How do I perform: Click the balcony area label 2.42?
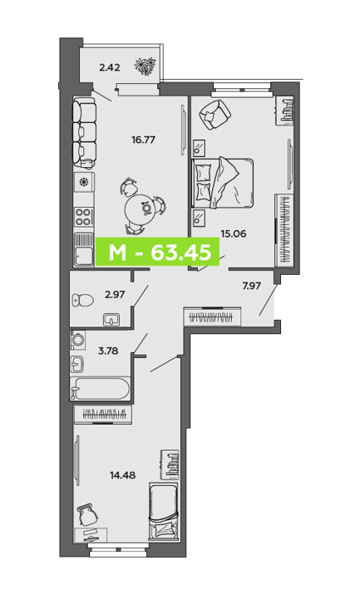(x=109, y=68)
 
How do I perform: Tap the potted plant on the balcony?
(x=145, y=66)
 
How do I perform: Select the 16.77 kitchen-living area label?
(x=143, y=140)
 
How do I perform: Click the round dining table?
(x=141, y=209)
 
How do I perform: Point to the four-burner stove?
(x=83, y=217)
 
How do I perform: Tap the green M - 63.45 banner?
(x=157, y=252)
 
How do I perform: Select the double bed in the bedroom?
(x=223, y=184)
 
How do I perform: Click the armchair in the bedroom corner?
(x=214, y=114)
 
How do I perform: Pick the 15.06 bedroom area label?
(x=234, y=233)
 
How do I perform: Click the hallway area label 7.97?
(x=251, y=286)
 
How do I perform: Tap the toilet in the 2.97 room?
(x=82, y=300)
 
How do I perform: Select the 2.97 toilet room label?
(x=115, y=295)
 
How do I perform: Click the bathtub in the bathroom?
(x=100, y=389)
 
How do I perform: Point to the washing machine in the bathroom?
(x=78, y=340)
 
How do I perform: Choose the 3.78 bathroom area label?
(x=108, y=351)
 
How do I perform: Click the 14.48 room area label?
(x=123, y=475)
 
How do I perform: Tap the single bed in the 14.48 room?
(x=163, y=512)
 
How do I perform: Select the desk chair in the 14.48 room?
(x=88, y=514)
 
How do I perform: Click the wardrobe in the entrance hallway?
(x=212, y=317)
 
